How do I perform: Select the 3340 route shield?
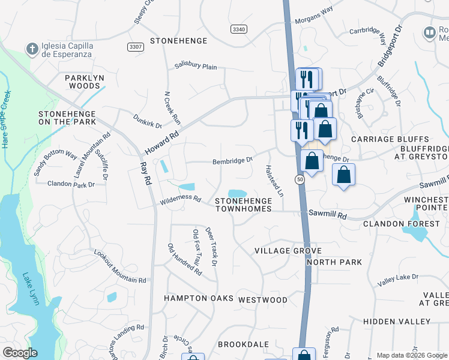pos(238,28)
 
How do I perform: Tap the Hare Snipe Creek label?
pos(7,120)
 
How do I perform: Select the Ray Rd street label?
pos(144,174)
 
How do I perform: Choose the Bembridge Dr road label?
pos(233,161)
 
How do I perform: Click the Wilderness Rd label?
pos(179,201)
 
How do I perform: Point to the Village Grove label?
pos(288,251)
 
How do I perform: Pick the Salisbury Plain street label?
pos(196,67)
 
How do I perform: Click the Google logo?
pos(20,353)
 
